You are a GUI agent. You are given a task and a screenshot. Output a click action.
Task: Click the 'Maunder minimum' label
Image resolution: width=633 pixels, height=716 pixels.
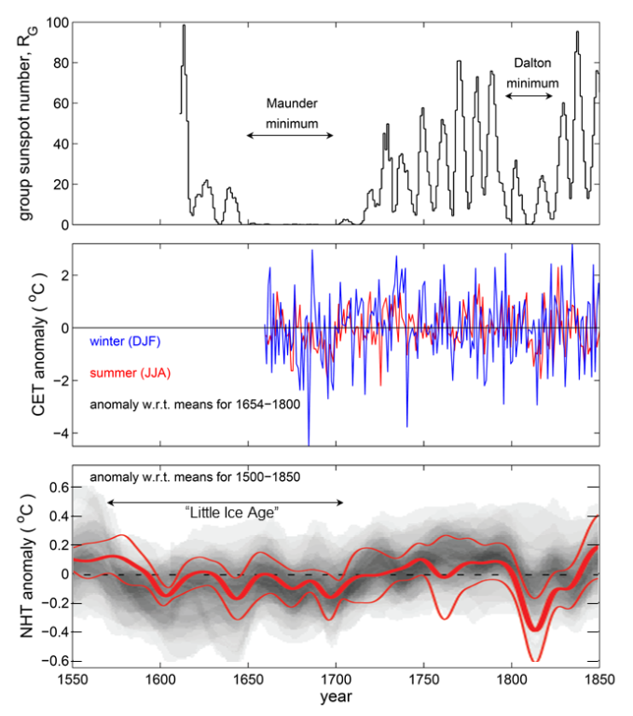[289, 112]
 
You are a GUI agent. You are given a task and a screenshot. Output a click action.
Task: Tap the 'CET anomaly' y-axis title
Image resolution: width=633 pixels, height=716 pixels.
[27, 345]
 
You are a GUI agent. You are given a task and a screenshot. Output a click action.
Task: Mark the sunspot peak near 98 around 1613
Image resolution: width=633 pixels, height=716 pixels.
[184, 26]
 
